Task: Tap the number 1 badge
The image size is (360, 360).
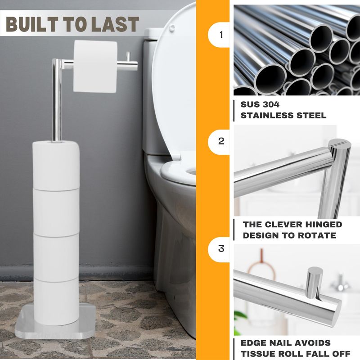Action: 219,35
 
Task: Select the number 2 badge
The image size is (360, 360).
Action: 219,141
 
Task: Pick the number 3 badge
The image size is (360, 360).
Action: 219,249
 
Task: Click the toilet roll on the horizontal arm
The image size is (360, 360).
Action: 95,67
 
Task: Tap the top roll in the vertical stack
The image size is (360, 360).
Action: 56,166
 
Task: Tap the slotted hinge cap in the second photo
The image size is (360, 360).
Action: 340,144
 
